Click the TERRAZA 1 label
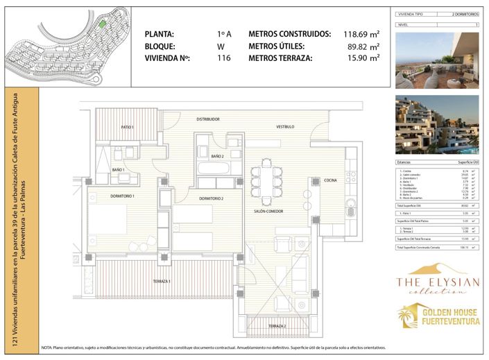pos(162,282)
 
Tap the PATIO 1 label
pos(127,127)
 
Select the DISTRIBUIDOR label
pos(207,119)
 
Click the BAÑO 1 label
pos(117,169)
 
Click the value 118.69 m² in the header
pos(362,33)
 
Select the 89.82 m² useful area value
pos(364,46)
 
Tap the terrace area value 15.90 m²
pos(364,58)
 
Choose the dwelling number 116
pos(223,58)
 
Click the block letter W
pos(221,46)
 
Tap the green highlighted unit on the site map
pos(101,24)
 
